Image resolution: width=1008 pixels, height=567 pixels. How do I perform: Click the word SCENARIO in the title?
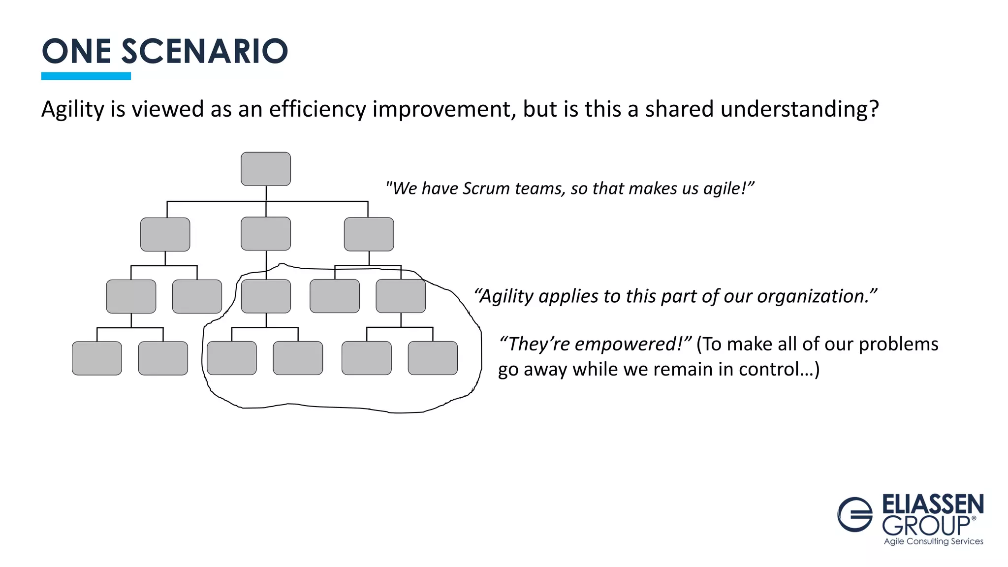204,51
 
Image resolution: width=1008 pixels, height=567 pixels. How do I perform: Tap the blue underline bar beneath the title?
86,76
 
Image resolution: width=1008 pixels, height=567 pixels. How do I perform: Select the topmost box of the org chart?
266,169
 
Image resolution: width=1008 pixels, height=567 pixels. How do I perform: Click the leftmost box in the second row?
165,234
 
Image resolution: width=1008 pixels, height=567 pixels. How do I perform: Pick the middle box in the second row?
266,234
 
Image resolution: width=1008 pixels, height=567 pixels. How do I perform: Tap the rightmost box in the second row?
369,234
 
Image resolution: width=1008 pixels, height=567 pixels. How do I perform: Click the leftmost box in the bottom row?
97,358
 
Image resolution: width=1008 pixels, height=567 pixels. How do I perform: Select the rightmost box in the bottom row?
433,358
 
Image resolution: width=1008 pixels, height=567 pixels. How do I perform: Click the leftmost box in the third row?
131,296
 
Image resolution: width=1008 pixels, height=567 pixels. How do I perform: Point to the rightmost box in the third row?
401,296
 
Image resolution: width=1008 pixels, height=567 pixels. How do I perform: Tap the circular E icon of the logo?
855,514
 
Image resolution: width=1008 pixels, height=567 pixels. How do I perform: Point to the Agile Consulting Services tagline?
933,541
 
